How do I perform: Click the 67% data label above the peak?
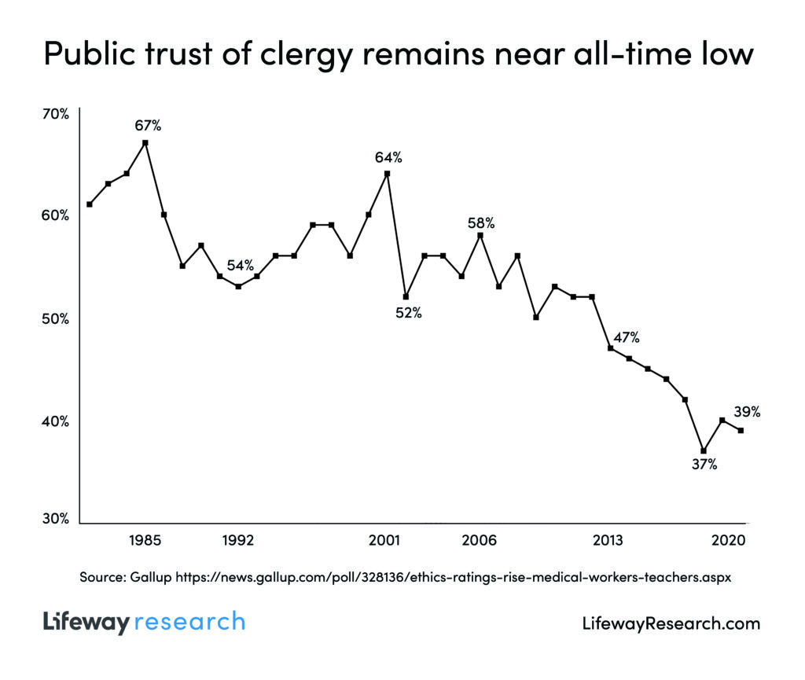pyautogui.click(x=146, y=125)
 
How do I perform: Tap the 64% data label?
pyautogui.click(x=388, y=157)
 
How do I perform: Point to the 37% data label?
pyautogui.click(x=704, y=464)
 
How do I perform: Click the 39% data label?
pyautogui.click(x=746, y=411)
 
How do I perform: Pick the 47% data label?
pyautogui.click(x=626, y=338)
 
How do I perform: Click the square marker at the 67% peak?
pyautogui.click(x=145, y=142)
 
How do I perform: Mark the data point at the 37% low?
pyautogui.click(x=704, y=450)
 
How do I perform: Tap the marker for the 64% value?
pyautogui.click(x=387, y=174)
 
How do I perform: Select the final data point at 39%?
pyautogui.click(x=741, y=430)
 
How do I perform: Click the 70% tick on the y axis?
pyautogui.click(x=56, y=114)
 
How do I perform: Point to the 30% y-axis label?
pyautogui.click(x=56, y=519)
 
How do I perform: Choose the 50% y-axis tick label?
pyautogui.click(x=56, y=319)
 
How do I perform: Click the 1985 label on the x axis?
pyautogui.click(x=145, y=541)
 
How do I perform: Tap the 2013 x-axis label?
pyautogui.click(x=608, y=541)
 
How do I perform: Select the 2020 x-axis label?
pyautogui.click(x=729, y=541)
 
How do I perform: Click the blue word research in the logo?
pyautogui.click(x=189, y=623)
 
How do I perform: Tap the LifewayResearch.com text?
pyautogui.click(x=671, y=624)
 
